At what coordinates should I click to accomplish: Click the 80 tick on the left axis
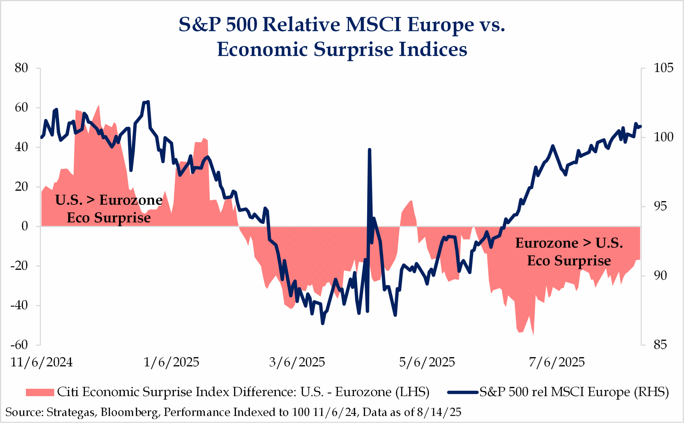(x=22, y=68)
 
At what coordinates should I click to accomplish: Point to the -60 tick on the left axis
(x=19, y=345)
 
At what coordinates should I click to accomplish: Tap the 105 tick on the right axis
(x=663, y=68)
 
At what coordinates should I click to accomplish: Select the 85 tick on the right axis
(x=660, y=345)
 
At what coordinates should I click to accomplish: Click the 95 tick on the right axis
(x=660, y=206)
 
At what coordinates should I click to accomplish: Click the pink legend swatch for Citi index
(x=40, y=392)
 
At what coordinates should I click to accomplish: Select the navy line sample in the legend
(x=463, y=392)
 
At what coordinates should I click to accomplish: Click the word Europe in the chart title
(x=441, y=25)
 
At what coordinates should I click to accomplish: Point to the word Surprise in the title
(x=353, y=49)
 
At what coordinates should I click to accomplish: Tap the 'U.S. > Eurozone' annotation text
(x=109, y=200)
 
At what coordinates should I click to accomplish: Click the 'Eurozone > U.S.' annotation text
(x=569, y=243)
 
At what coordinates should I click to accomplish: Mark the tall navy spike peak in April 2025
(x=370, y=150)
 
